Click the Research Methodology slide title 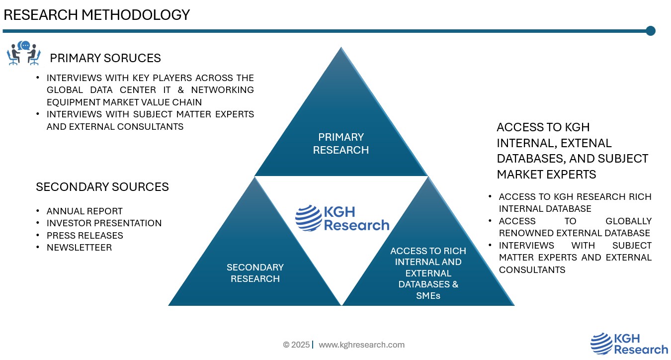pyautogui.click(x=96, y=15)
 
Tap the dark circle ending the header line pyautogui.click(x=650, y=31)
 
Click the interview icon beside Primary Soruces pyautogui.click(x=23, y=54)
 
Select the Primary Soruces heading pyautogui.click(x=105, y=58)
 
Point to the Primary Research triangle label pyautogui.click(x=341, y=143)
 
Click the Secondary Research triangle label pyautogui.click(x=255, y=273)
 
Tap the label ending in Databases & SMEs pyautogui.click(x=428, y=273)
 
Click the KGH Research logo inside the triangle pyautogui.click(x=342, y=218)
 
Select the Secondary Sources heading pyautogui.click(x=102, y=187)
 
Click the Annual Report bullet pyautogui.click(x=84, y=211)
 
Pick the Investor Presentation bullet pyautogui.click(x=104, y=223)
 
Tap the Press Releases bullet pyautogui.click(x=84, y=235)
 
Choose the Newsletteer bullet pyautogui.click(x=79, y=247)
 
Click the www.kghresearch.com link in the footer pyautogui.click(x=361, y=345)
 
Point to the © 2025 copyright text pyautogui.click(x=296, y=345)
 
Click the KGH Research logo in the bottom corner pyautogui.click(x=629, y=344)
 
